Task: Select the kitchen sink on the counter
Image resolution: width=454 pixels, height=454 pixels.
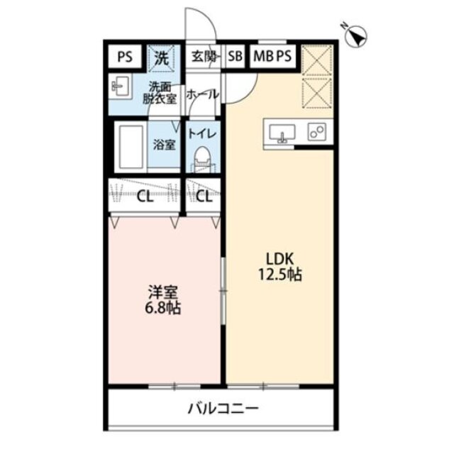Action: pyautogui.click(x=282, y=133)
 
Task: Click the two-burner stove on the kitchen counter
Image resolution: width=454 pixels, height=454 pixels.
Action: pyautogui.click(x=317, y=132)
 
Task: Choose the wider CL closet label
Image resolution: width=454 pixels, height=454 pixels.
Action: pyautogui.click(x=145, y=196)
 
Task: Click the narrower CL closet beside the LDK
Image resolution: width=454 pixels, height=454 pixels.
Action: pyautogui.click(x=203, y=196)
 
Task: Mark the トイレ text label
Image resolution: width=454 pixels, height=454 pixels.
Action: pyautogui.click(x=202, y=133)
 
